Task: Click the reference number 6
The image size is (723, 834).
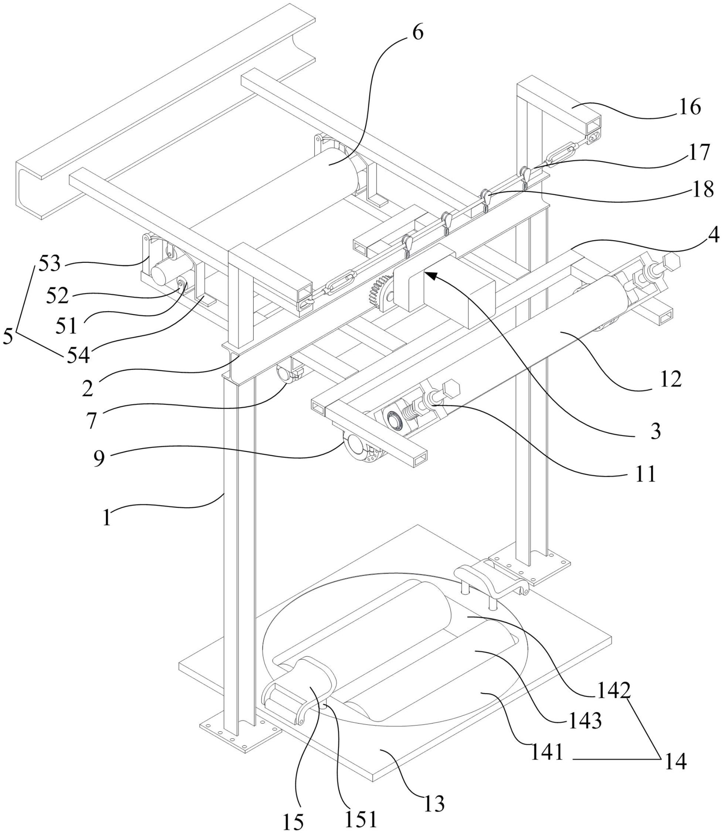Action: coord(418,33)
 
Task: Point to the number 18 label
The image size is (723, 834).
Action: coord(702,190)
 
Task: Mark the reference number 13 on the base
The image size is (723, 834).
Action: coord(434,804)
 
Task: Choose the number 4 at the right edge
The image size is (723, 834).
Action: coord(713,236)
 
